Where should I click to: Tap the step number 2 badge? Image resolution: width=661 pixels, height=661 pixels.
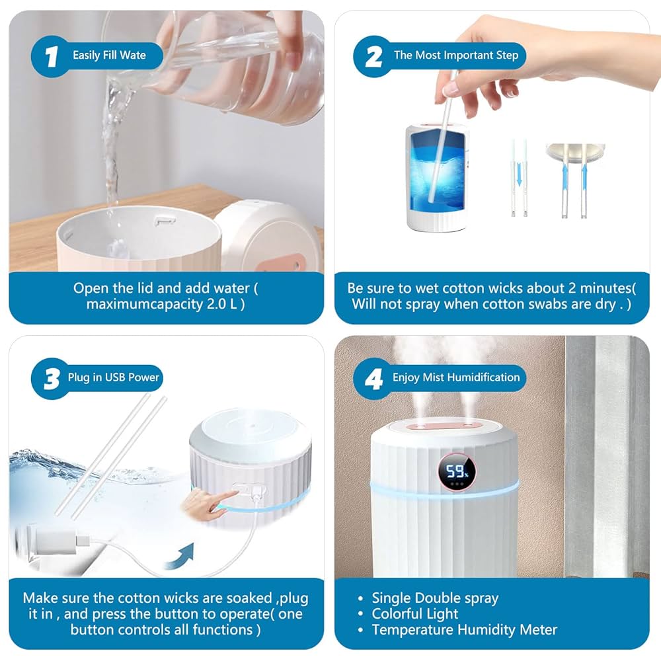click(x=373, y=56)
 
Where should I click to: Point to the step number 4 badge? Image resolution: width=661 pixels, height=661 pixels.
click(x=373, y=379)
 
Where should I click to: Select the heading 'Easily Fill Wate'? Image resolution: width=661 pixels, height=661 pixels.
click(x=109, y=56)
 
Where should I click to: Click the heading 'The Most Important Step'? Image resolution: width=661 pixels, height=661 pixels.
click(x=456, y=56)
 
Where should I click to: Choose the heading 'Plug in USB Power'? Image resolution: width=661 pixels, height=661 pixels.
click(x=113, y=378)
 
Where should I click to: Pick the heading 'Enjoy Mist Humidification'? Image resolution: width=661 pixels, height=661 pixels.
click(x=456, y=377)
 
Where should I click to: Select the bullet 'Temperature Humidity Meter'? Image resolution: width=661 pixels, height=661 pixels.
click(x=464, y=630)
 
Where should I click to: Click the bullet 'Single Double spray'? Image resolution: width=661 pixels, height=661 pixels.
click(x=434, y=598)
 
